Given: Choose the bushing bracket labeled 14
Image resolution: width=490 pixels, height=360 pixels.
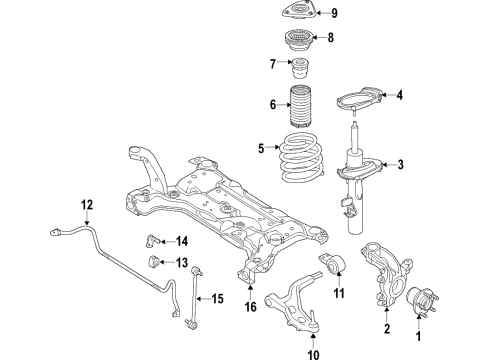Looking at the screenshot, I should [x=153, y=239].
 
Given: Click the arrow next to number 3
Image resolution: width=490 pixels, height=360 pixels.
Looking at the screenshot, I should [x=385, y=166].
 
